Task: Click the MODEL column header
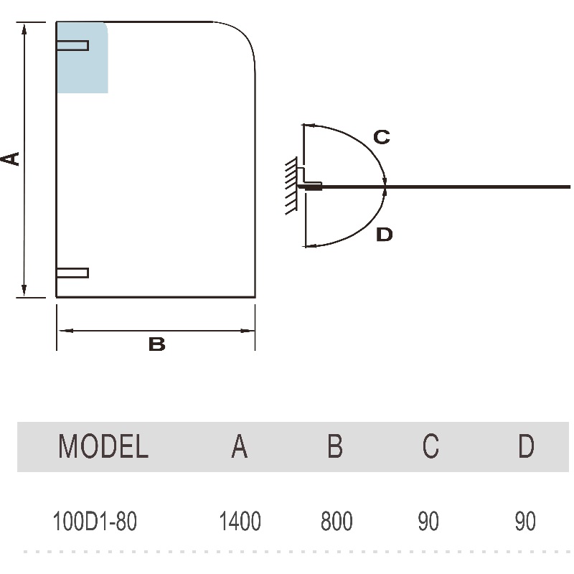click(x=103, y=446)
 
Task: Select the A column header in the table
click(x=240, y=446)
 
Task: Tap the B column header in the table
click(x=335, y=446)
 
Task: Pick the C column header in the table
click(x=430, y=446)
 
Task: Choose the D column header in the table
click(x=526, y=446)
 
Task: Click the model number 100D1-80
click(x=95, y=521)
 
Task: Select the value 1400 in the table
click(x=240, y=521)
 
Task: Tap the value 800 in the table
click(x=337, y=521)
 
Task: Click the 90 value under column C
click(x=428, y=521)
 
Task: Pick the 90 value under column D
click(x=525, y=521)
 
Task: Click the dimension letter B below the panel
click(x=156, y=344)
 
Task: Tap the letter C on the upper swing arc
click(x=382, y=136)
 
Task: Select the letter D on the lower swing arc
click(x=385, y=235)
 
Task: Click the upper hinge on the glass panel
click(x=72, y=45)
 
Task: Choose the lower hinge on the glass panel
click(x=72, y=273)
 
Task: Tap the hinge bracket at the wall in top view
click(x=312, y=184)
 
